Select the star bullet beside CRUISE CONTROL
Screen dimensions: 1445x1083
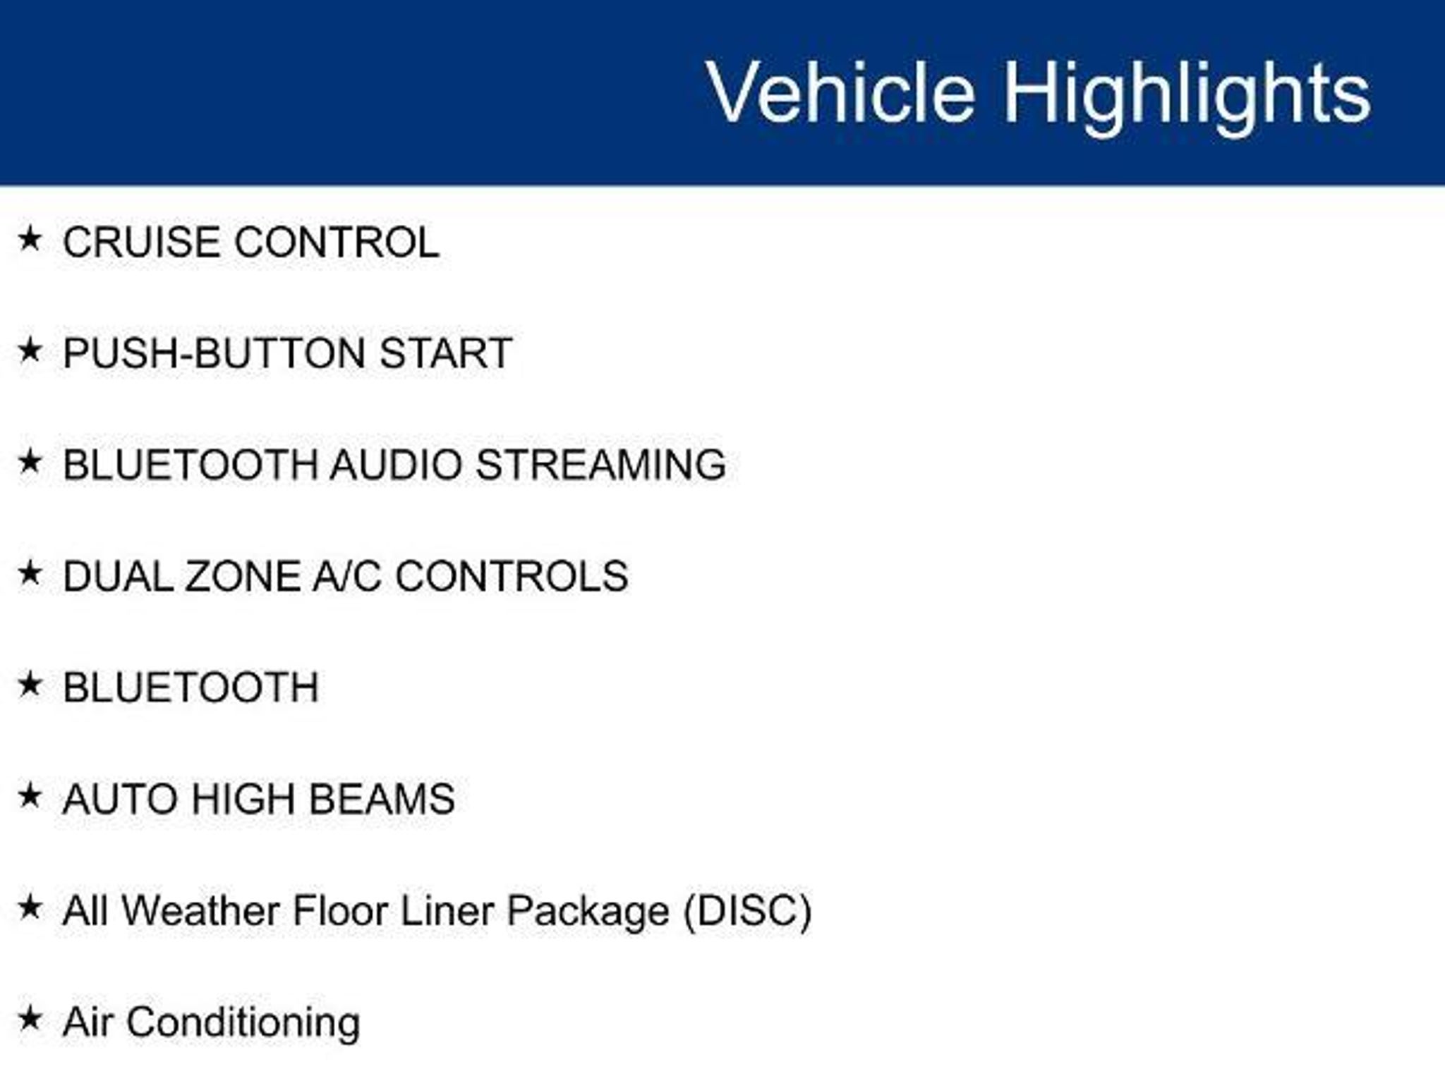click(x=30, y=238)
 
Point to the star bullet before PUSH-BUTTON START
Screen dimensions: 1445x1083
click(x=30, y=350)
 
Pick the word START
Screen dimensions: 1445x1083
click(x=446, y=353)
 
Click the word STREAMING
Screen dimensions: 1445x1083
click(x=600, y=464)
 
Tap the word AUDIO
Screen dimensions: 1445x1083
click(x=395, y=464)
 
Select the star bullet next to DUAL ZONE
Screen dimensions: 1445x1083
click(x=30, y=573)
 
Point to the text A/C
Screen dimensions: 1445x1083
click(x=346, y=576)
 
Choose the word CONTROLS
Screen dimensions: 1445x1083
click(x=512, y=576)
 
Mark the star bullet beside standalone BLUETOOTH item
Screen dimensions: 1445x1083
click(x=30, y=684)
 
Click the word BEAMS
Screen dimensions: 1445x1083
click(x=382, y=799)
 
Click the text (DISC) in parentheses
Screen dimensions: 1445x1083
click(x=747, y=911)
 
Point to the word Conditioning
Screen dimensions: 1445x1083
click(x=243, y=1022)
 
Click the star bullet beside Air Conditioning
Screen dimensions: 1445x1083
click(x=30, y=1018)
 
